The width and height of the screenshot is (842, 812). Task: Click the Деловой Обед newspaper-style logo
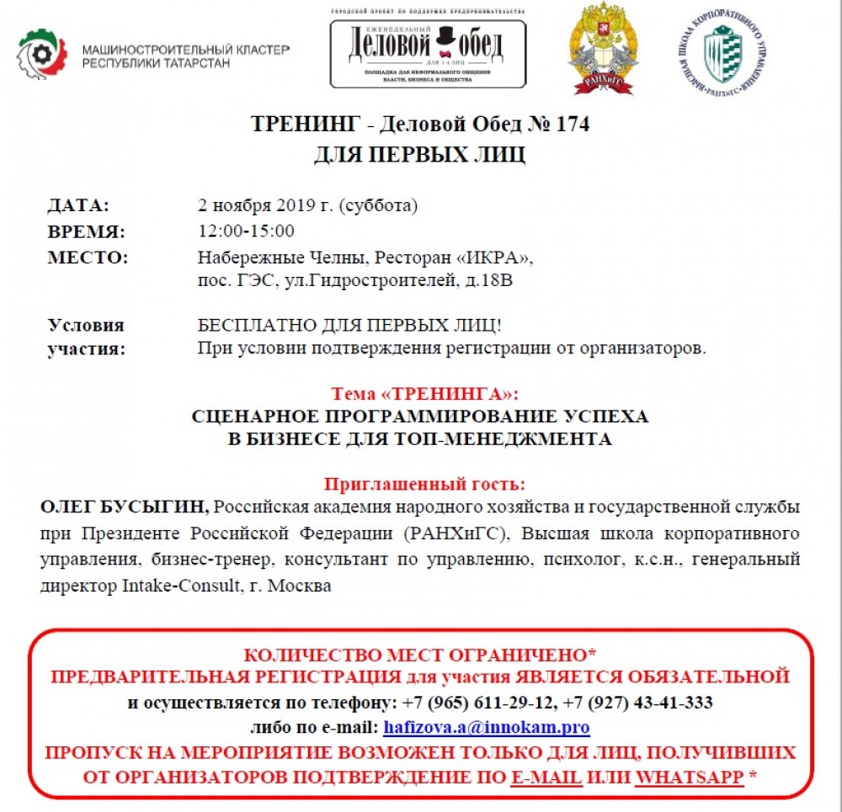point(428,50)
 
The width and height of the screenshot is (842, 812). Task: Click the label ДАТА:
point(78,205)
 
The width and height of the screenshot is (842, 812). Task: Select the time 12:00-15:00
point(246,231)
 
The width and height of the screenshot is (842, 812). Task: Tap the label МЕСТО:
point(88,257)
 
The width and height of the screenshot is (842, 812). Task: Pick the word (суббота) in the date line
point(378,205)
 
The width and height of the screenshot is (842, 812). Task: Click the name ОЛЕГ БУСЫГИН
point(125,508)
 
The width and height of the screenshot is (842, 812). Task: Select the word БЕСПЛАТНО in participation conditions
point(248,326)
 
